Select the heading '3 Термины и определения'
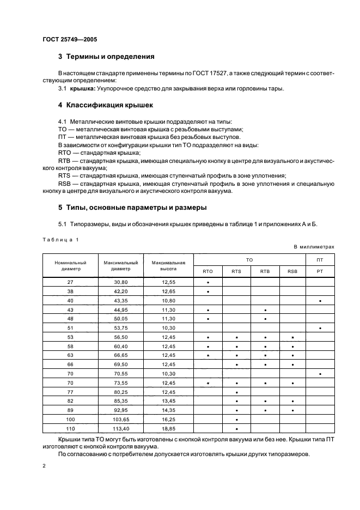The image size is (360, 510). coord(106,56)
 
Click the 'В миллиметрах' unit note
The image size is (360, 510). coord(314,247)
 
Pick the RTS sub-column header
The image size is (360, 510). coord(236,271)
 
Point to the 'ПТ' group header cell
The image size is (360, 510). coord(320,260)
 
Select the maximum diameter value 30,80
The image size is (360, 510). coord(120,282)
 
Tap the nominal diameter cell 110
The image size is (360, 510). coord(70,429)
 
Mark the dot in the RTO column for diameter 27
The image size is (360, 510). coord(208,283)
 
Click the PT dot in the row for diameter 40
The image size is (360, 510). coord(320,300)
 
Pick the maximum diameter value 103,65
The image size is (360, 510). coord(120,420)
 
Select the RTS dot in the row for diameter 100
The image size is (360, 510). coord(236,420)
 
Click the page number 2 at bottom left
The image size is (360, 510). coord(44,466)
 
